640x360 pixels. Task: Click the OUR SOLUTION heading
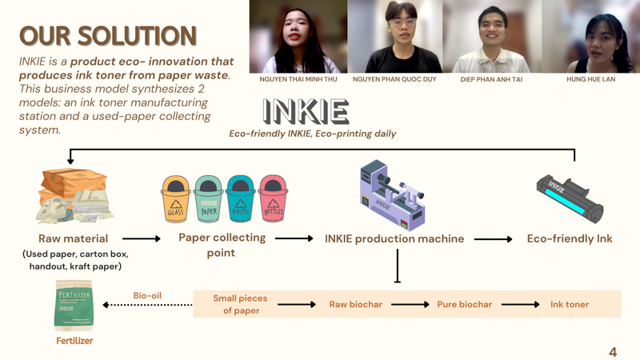(x=108, y=36)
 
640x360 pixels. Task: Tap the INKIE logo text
(x=306, y=112)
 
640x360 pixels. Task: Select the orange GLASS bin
(x=175, y=199)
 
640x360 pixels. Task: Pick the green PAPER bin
(x=209, y=199)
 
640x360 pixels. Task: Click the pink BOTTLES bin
(x=273, y=199)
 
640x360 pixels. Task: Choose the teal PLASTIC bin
(x=240, y=199)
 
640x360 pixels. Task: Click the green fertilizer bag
(x=74, y=306)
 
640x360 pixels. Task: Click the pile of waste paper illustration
(x=74, y=197)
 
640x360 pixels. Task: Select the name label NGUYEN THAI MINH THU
(x=298, y=80)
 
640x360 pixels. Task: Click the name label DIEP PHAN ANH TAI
(x=493, y=80)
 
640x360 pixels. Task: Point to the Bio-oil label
(x=147, y=296)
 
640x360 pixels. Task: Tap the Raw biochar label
(x=356, y=305)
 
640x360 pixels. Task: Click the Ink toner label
(x=570, y=305)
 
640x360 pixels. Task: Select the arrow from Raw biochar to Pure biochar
(x=410, y=305)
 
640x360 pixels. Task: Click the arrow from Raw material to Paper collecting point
(x=142, y=238)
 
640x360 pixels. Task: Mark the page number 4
(x=613, y=352)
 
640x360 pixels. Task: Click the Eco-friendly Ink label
(x=570, y=238)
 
